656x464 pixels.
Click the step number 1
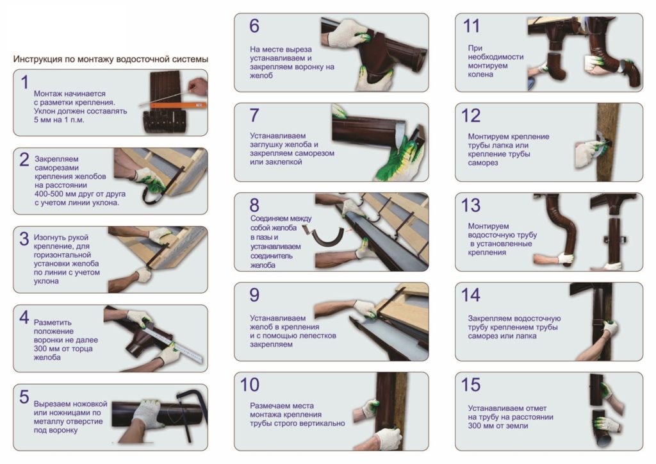(x=25, y=83)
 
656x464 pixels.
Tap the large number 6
(x=254, y=26)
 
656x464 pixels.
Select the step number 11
(x=471, y=26)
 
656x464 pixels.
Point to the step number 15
(x=471, y=385)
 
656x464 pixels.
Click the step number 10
(x=250, y=385)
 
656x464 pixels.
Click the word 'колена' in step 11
(x=480, y=74)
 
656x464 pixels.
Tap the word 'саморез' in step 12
(x=483, y=163)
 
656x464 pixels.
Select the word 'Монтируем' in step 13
(x=488, y=226)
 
